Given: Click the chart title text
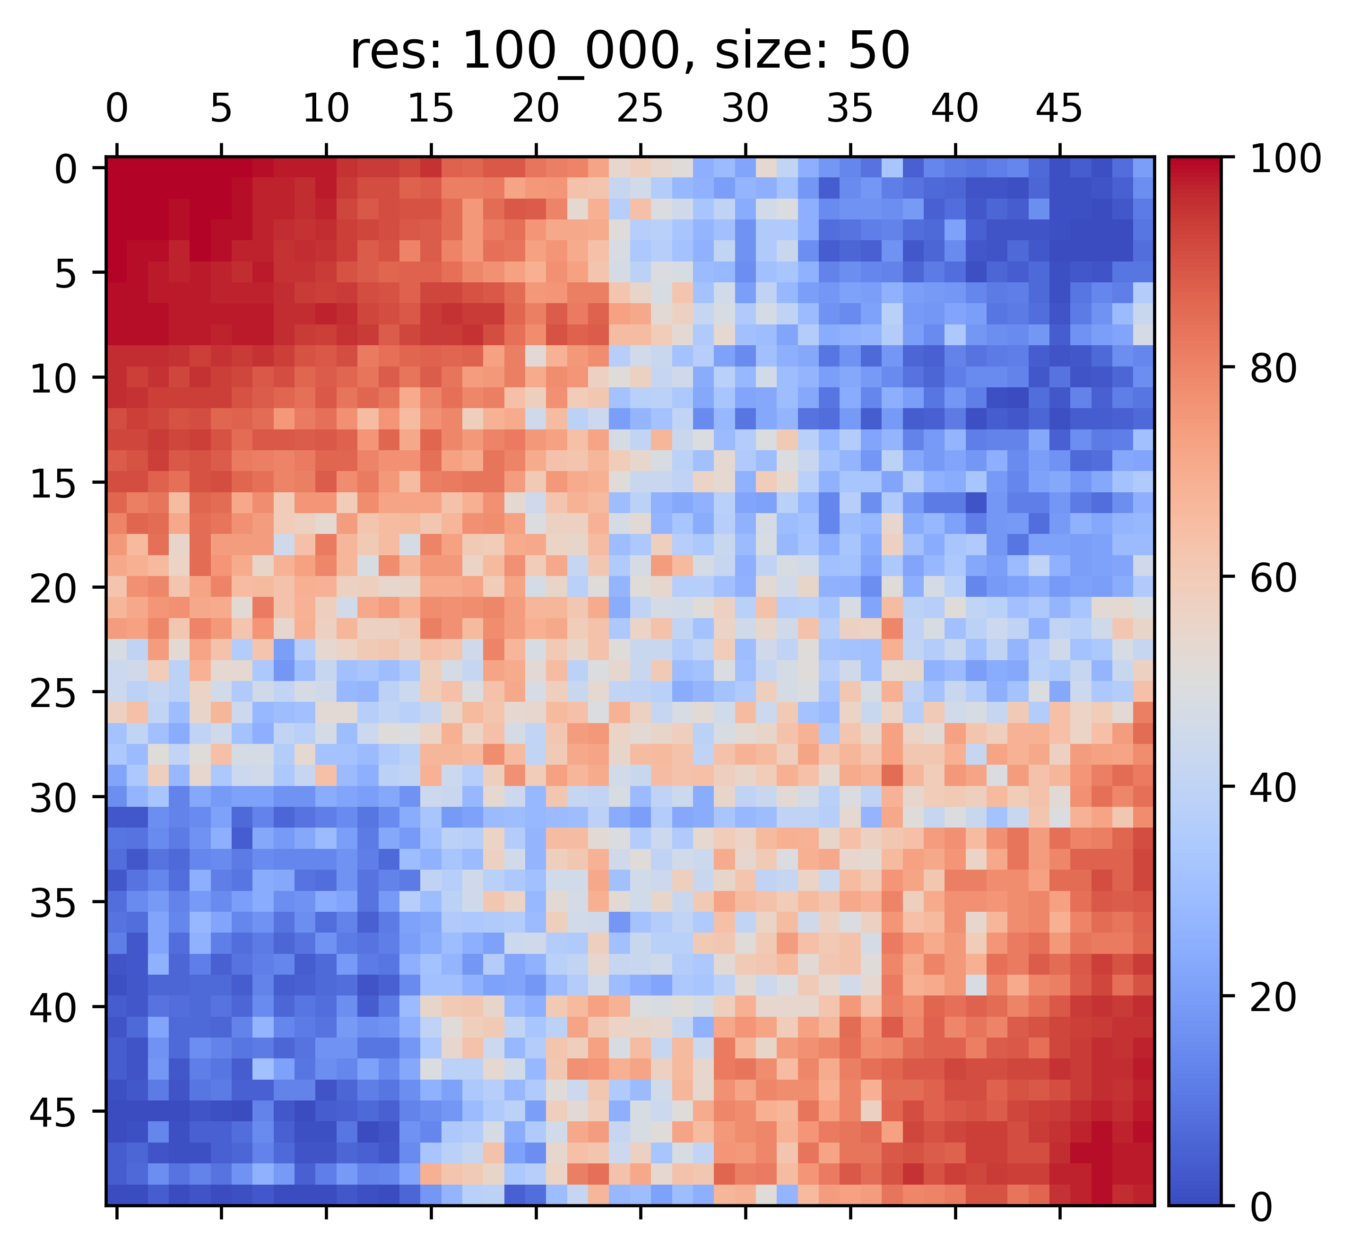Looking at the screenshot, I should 629,52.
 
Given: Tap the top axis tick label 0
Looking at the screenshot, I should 116,109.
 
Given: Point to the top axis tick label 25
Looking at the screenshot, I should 640,109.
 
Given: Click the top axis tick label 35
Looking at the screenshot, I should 849,109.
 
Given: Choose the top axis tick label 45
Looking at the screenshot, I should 1059,109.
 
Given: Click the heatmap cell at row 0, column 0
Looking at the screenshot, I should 116,167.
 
